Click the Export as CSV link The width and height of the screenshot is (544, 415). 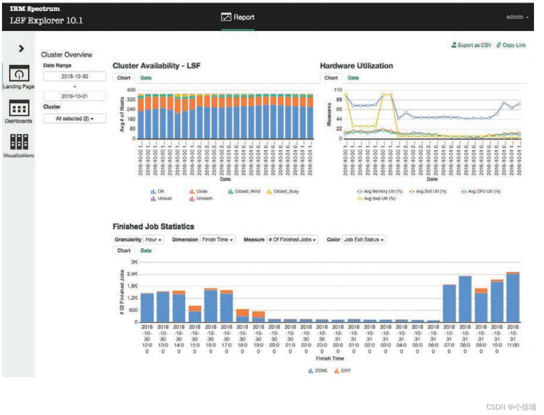click(471, 45)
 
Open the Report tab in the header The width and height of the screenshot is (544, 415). click(238, 17)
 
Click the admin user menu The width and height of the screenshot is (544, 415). click(517, 17)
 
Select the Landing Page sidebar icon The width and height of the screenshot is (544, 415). click(19, 75)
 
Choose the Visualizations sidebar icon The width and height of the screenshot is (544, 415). click(19, 143)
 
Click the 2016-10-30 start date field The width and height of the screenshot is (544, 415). click(75, 76)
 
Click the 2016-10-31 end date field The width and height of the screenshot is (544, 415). click(75, 96)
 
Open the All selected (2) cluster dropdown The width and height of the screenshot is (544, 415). click(75, 119)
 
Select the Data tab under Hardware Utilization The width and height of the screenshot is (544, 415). click(353, 78)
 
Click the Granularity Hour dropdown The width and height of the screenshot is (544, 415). click(154, 240)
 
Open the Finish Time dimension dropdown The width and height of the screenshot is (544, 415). click(217, 240)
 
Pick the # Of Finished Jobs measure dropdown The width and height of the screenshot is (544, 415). click(293, 240)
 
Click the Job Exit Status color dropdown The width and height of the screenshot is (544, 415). click(364, 240)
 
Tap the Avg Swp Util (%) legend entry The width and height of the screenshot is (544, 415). click(378, 198)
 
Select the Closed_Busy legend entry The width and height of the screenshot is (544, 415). click(283, 191)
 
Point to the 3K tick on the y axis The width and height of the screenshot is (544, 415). click(134, 262)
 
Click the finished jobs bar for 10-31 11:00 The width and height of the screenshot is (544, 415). click(513, 297)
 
